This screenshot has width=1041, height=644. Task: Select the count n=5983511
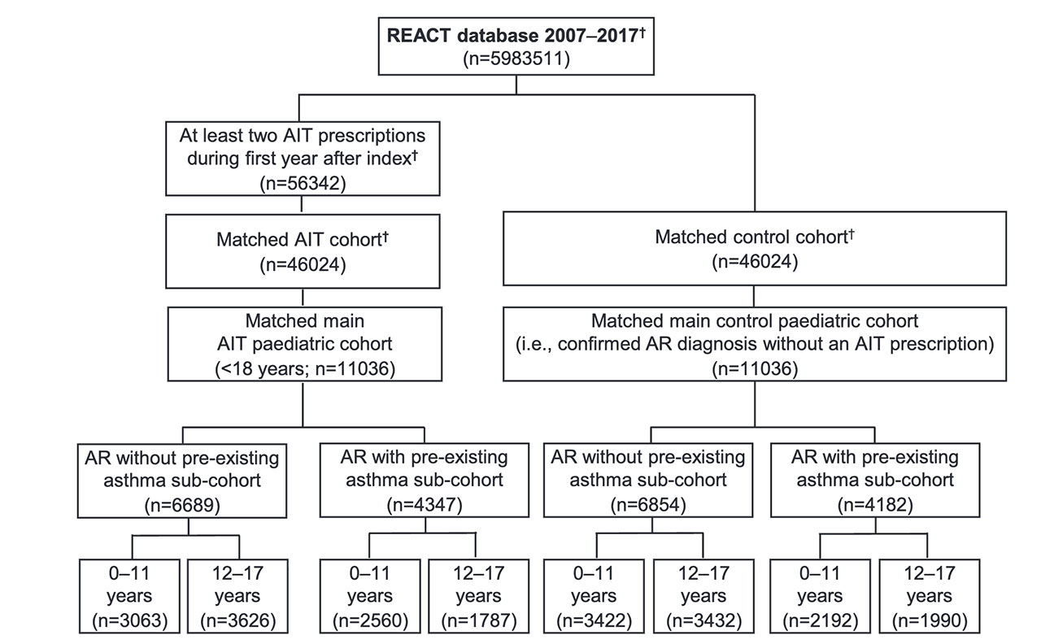pyautogui.click(x=516, y=59)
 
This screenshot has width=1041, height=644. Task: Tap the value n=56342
pyautogui.click(x=303, y=183)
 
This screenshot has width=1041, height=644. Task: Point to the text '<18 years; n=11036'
pyautogui.click(x=305, y=369)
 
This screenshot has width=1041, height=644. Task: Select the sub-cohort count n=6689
pyautogui.click(x=182, y=505)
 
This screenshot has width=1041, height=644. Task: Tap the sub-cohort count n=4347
pyautogui.click(x=425, y=505)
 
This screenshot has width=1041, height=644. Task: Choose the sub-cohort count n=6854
pyautogui.click(x=648, y=505)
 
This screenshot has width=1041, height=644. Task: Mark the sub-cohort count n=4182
pyautogui.click(x=875, y=505)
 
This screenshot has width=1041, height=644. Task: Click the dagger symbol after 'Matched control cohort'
pyautogui.click(x=852, y=233)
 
